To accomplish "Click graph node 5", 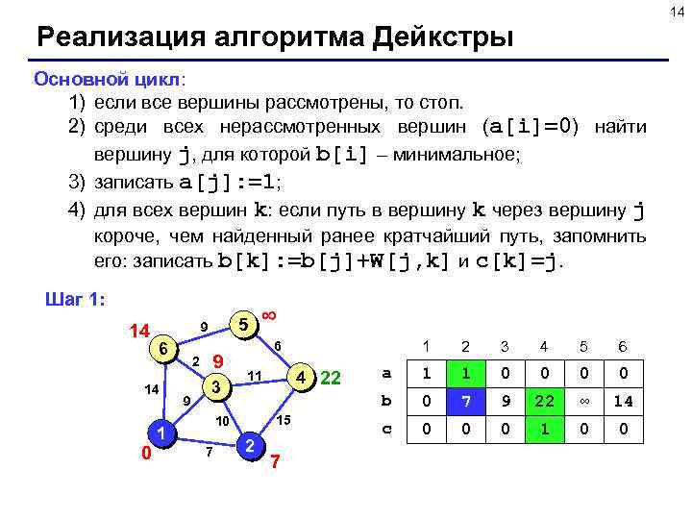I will [246, 325].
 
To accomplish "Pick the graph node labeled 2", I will [249, 445].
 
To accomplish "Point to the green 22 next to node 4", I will [331, 377].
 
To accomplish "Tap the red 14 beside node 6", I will [139, 331].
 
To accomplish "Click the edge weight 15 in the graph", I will [284, 420].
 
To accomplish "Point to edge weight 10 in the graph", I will [220, 422].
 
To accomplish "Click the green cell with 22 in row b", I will [544, 401].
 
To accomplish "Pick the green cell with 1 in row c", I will [544, 430].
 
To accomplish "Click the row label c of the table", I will [386, 430].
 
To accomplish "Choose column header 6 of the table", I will [623, 346].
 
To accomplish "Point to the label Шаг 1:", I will [76, 299].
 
